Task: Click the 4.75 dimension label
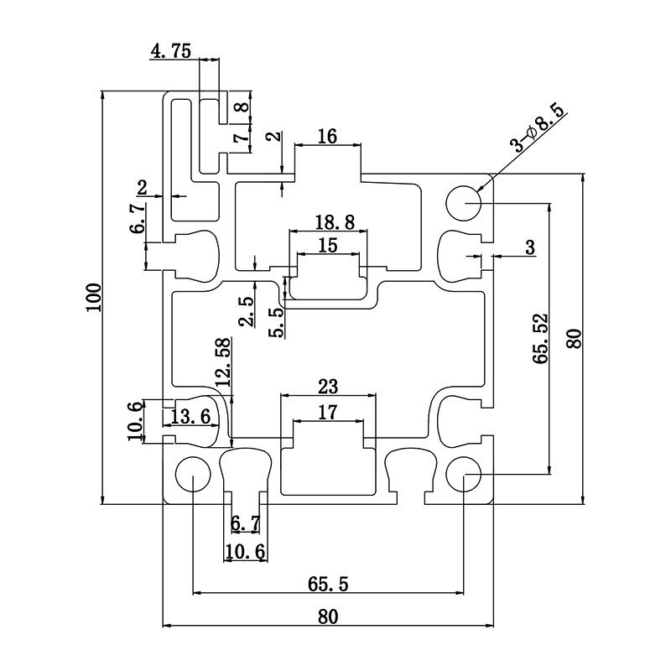170,51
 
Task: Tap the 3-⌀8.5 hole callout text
540,127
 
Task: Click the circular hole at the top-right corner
463,202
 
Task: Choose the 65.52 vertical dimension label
540,338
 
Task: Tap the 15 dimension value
328,245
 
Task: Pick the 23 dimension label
328,387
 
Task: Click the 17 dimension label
328,412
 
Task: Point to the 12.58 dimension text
222,362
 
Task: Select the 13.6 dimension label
190,417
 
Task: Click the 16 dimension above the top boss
328,136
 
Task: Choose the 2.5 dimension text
246,311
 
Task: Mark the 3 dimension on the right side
529,247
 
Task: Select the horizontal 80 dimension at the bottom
328,616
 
